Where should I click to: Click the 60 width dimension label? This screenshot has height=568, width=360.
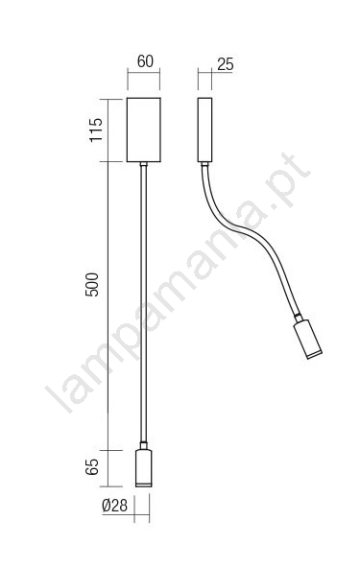click(145, 61)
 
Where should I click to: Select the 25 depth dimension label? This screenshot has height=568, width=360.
click(226, 64)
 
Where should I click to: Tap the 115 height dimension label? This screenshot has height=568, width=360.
click(96, 130)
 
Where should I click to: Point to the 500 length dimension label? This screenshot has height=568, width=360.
click(92, 285)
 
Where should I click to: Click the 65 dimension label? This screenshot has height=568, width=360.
click(92, 467)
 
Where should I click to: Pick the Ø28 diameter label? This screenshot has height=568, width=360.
click(115, 506)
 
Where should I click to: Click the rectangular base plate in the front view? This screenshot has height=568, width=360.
click(144, 130)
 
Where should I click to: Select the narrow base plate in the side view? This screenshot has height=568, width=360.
click(204, 130)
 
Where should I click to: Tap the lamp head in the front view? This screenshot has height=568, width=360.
click(144, 467)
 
